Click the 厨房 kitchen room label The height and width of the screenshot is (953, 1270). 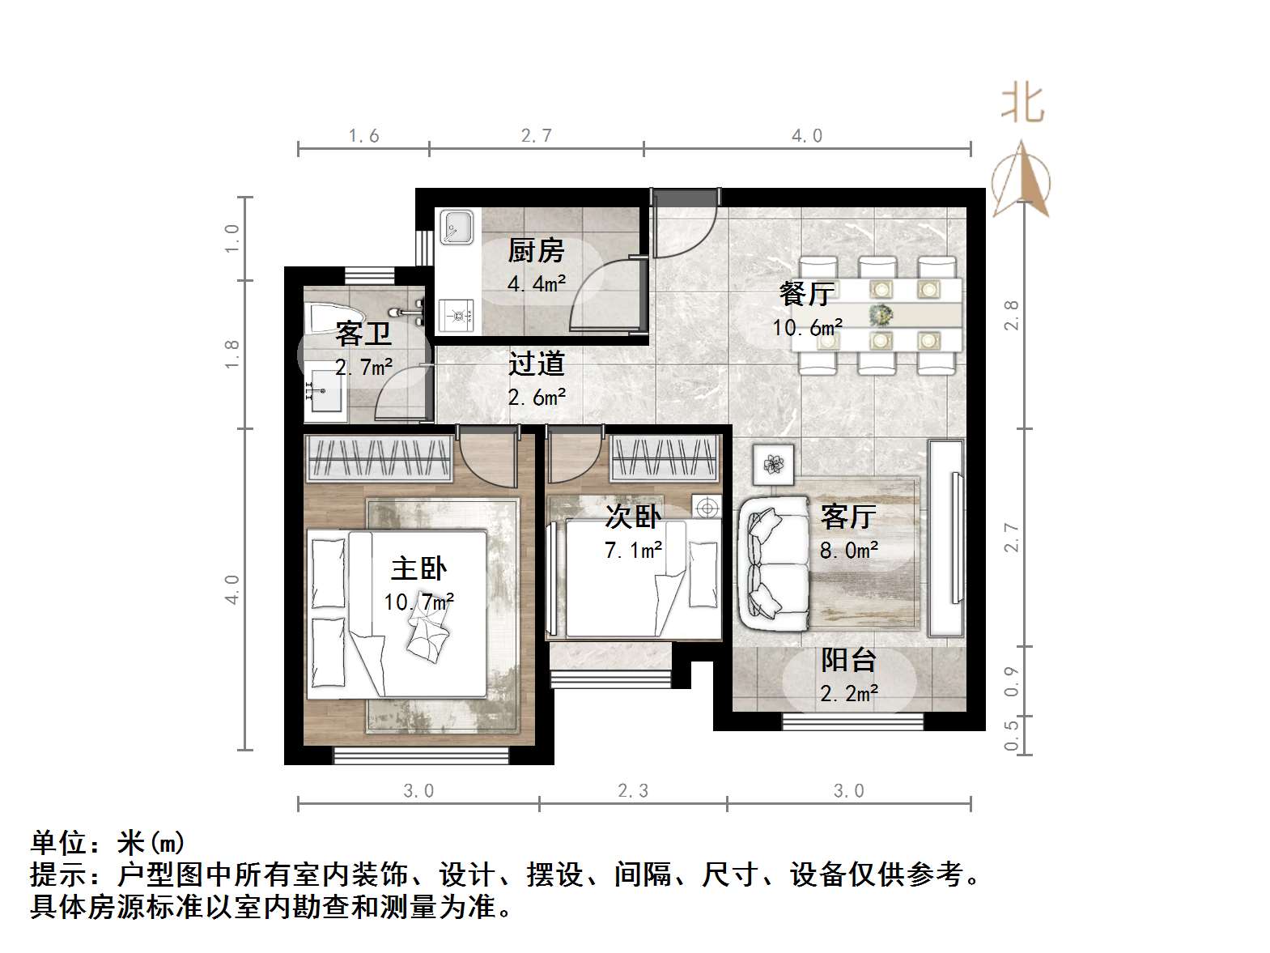pyautogui.click(x=535, y=251)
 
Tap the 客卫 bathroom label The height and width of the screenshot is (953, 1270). pyautogui.click(x=363, y=333)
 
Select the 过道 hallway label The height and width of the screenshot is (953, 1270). pyautogui.click(x=536, y=364)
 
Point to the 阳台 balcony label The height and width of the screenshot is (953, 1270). pyautogui.click(x=848, y=661)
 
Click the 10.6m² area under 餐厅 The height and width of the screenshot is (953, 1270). pyautogui.click(x=807, y=328)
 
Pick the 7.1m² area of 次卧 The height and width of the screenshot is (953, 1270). pyautogui.click(x=633, y=551)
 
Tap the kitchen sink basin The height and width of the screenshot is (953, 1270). pyautogui.click(x=457, y=227)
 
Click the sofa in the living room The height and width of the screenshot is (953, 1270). pyautogui.click(x=773, y=564)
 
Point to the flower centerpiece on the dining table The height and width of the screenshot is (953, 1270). pyautogui.click(x=881, y=314)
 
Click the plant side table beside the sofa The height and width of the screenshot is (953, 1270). pyautogui.click(x=775, y=464)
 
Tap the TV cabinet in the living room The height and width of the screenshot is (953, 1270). pyautogui.click(x=945, y=538)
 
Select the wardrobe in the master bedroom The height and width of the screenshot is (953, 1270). pyautogui.click(x=379, y=459)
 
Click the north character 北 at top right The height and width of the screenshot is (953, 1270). pyautogui.click(x=1022, y=104)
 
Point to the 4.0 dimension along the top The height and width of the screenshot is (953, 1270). pyautogui.click(x=806, y=136)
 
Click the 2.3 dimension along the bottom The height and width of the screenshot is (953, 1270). pyautogui.click(x=632, y=791)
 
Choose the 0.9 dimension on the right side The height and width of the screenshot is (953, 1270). pyautogui.click(x=1011, y=681)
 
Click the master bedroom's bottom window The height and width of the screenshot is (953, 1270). pyautogui.click(x=422, y=756)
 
